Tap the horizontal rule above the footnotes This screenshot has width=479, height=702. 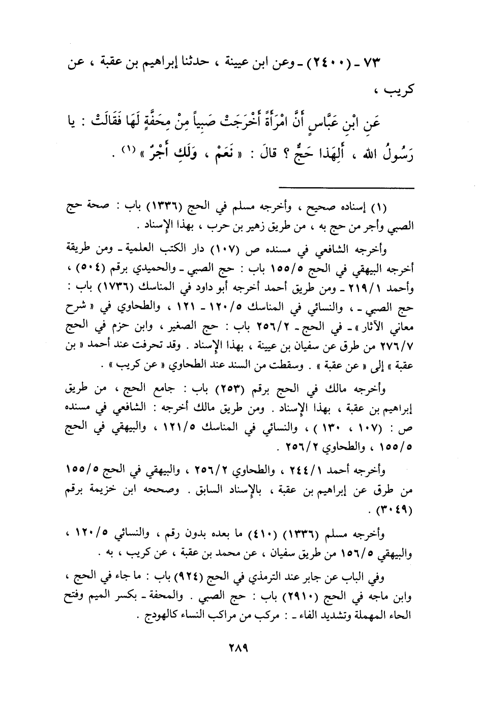(x=347, y=189)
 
